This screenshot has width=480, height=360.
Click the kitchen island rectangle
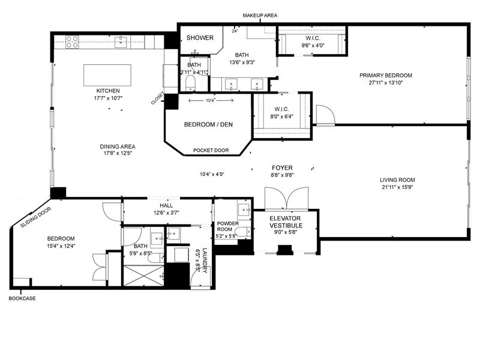(x=107, y=76)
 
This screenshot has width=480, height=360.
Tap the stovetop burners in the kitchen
(x=72, y=42)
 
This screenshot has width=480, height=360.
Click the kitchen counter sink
(x=121, y=42)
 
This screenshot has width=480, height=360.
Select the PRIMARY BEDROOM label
(x=386, y=76)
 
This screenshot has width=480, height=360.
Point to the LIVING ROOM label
(x=397, y=180)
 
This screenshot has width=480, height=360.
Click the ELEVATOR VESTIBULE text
(x=286, y=222)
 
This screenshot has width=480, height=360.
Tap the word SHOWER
(x=200, y=38)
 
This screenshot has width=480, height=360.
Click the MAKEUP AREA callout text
(x=260, y=16)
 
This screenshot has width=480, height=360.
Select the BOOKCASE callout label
(x=22, y=298)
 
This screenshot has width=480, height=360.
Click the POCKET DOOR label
(x=211, y=151)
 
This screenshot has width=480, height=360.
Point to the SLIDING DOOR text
(x=36, y=217)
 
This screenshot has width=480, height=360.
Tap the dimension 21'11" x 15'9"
(x=397, y=187)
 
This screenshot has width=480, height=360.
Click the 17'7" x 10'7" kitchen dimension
(x=108, y=98)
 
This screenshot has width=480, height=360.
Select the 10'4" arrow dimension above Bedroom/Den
(x=211, y=100)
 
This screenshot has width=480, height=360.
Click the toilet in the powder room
(x=245, y=232)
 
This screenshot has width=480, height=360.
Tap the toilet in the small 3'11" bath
(x=191, y=83)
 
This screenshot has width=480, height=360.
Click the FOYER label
(x=282, y=168)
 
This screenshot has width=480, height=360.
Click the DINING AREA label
(x=118, y=146)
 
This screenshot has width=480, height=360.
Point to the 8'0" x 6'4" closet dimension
(x=281, y=116)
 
